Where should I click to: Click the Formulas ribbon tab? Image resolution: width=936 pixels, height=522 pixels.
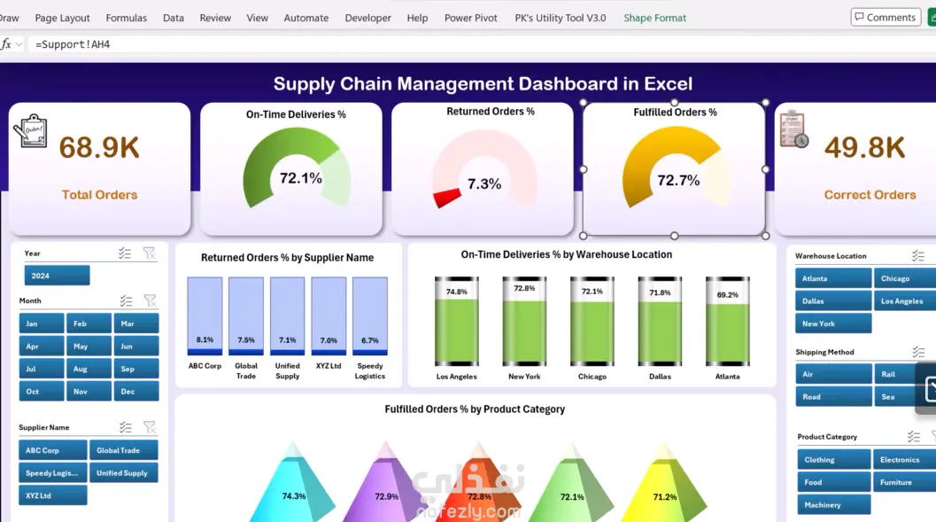[x=126, y=18]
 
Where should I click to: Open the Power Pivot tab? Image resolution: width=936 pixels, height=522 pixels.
[x=470, y=18]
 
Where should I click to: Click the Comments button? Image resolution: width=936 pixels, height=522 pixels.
[x=886, y=18]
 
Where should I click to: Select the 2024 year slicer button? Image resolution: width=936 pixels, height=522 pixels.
[x=57, y=276]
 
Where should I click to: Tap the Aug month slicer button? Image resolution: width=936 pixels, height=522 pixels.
[x=89, y=369]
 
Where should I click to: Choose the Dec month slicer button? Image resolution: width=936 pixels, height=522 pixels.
[x=136, y=391]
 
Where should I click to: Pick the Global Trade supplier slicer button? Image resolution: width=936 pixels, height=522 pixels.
[x=124, y=450]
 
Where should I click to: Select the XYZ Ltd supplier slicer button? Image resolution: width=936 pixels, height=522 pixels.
[x=52, y=495]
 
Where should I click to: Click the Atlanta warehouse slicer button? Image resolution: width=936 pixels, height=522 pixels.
[x=832, y=278]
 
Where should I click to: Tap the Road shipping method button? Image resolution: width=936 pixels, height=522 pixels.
[x=833, y=396]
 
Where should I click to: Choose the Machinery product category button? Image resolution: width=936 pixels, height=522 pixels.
[x=834, y=504]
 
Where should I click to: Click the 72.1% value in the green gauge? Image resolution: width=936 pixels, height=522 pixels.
[x=301, y=178]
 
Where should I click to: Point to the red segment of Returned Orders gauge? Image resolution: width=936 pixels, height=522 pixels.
[x=447, y=198]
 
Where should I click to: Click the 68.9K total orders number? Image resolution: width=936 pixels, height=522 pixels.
[x=99, y=147]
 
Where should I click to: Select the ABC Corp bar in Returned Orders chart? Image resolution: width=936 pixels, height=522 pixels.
[x=205, y=316]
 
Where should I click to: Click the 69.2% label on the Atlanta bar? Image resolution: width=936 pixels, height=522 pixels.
[x=728, y=294]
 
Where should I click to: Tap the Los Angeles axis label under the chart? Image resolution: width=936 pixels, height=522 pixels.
[x=457, y=377]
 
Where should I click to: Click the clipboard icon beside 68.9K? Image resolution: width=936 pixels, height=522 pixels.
[x=30, y=130]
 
